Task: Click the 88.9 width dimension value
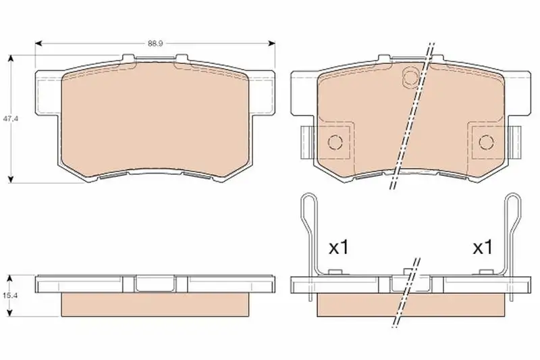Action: click(x=155, y=43)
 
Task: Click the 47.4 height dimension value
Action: click(x=11, y=118)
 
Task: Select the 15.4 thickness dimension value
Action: click(x=10, y=295)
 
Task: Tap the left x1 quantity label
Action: click(x=339, y=247)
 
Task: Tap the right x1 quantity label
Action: click(x=483, y=247)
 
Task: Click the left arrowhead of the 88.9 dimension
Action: click(x=38, y=43)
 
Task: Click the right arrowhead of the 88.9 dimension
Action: click(x=272, y=43)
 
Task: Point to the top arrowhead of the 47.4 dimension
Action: click(x=11, y=58)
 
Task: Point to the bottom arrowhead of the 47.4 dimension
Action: click(x=11, y=179)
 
